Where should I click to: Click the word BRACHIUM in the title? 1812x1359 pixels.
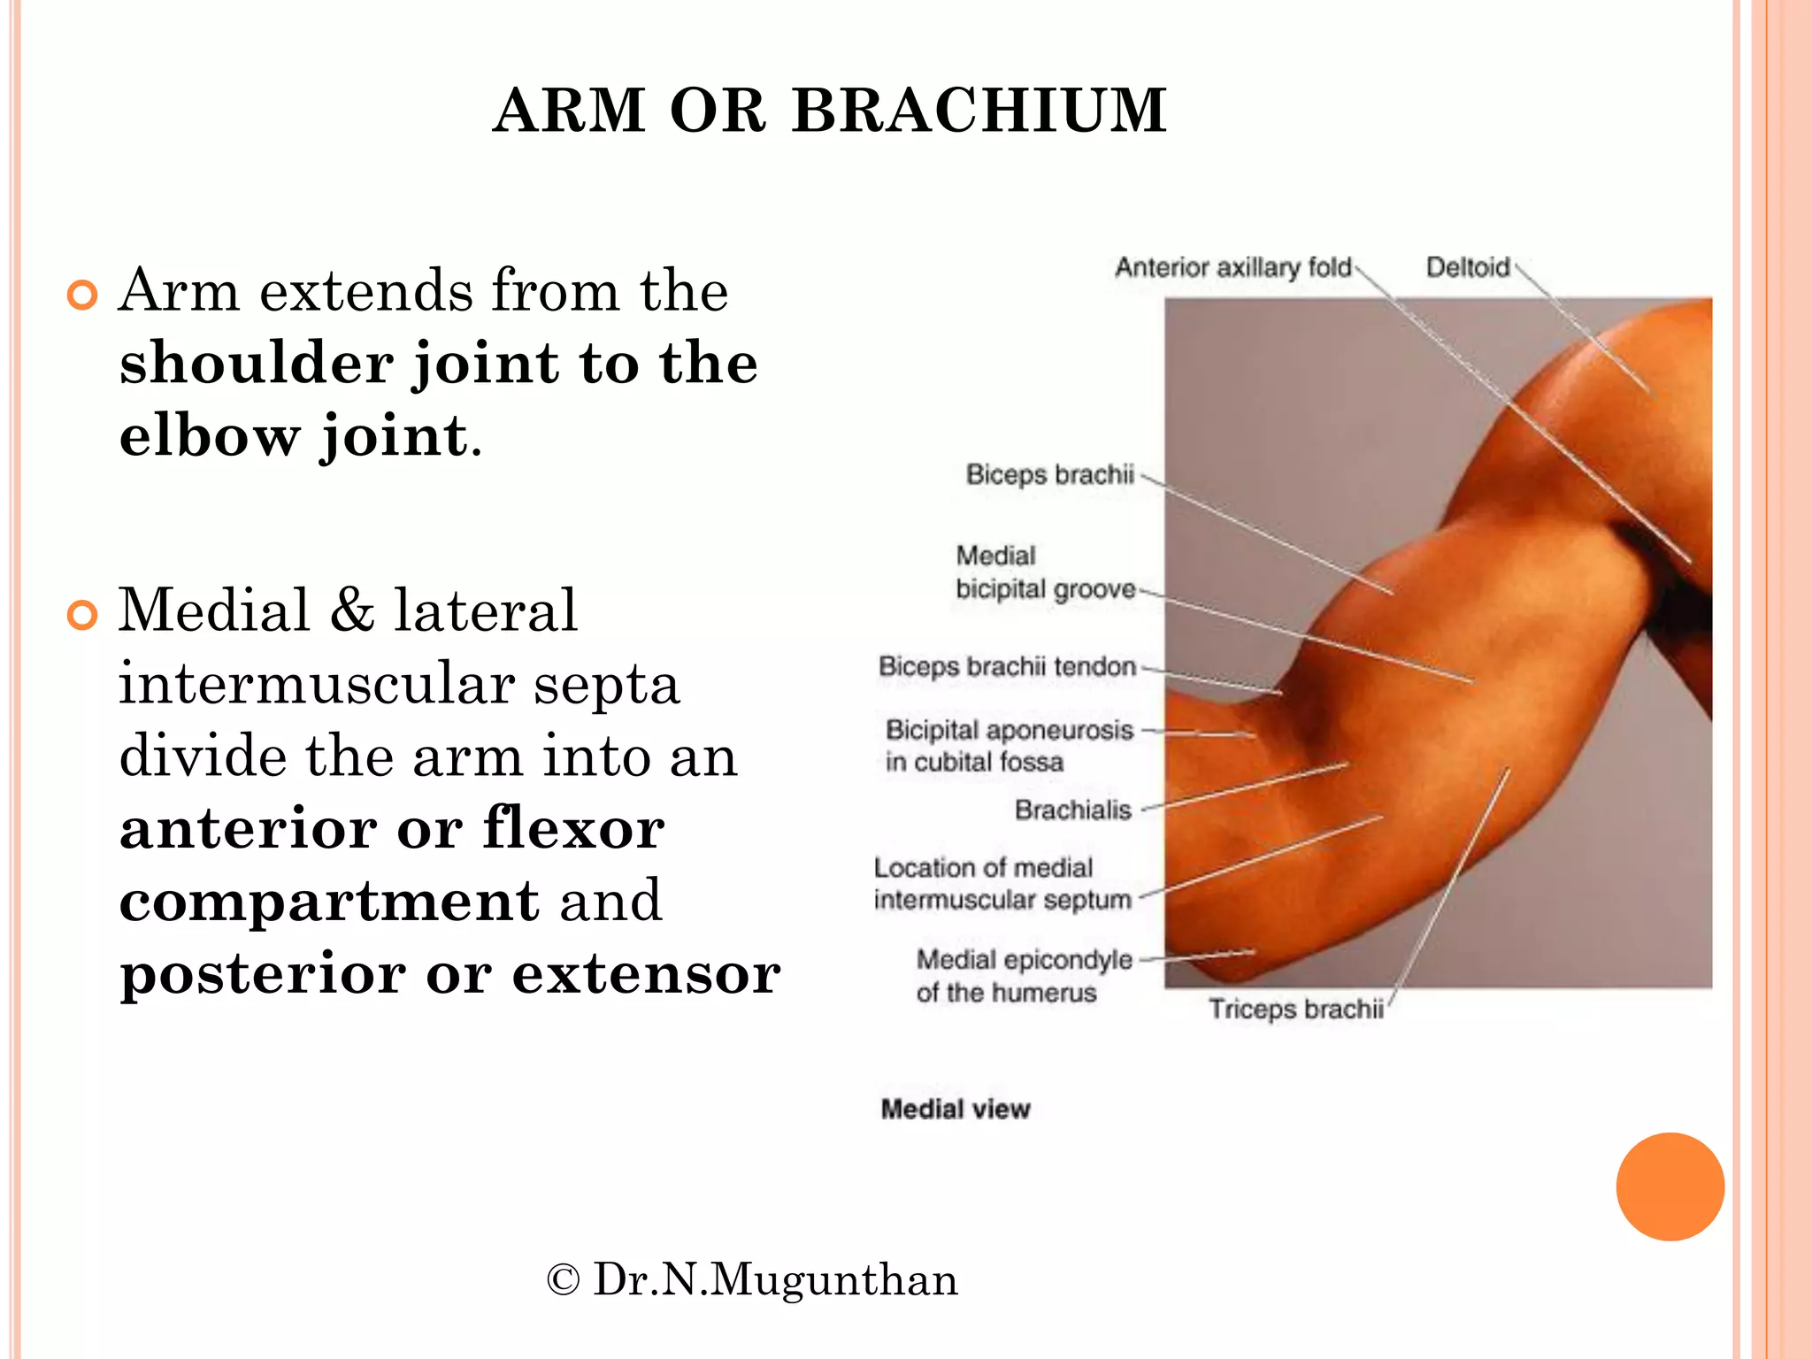979,111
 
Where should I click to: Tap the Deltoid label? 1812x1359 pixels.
1467,267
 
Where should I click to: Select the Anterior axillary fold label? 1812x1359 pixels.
1232,267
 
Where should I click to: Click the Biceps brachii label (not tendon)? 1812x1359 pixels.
1049,475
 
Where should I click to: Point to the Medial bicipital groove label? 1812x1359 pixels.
1044,573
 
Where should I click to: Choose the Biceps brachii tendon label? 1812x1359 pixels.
1007,666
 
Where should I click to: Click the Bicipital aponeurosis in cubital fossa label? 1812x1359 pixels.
1009,746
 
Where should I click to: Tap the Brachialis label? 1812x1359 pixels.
1072,810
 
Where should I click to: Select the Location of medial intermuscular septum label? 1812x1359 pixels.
1002,884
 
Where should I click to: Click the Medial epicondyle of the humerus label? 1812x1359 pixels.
1024,976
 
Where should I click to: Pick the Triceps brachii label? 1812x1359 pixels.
1295,1010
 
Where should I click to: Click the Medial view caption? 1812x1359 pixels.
956,1109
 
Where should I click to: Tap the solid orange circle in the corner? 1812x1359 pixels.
1670,1186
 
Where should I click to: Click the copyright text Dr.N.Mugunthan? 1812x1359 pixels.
752,1280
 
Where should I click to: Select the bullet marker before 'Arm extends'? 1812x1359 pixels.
82,296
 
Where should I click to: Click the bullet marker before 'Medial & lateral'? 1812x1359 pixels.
82,615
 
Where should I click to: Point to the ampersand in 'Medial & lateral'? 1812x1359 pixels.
352,610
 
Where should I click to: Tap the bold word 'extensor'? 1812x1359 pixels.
646,974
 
